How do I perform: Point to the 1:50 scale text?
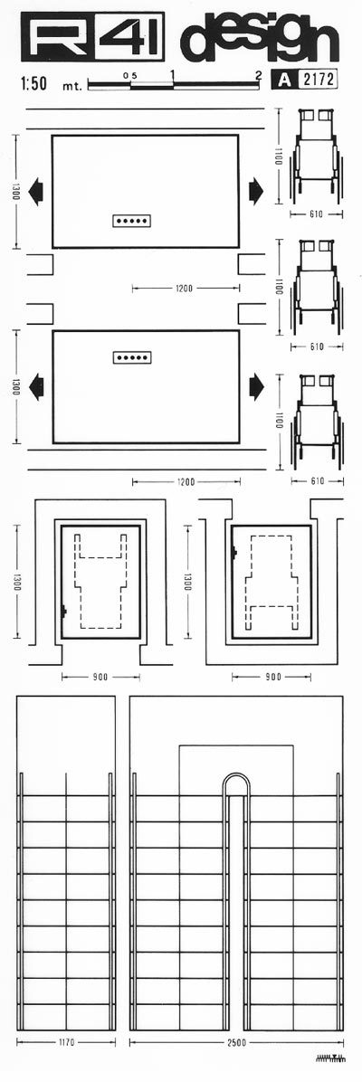[x=33, y=84]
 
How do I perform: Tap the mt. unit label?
[x=71, y=86]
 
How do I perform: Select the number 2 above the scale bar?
[x=259, y=74]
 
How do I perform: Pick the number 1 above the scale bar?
[x=172, y=74]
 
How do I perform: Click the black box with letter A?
[x=284, y=81]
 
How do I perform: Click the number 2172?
[x=318, y=81]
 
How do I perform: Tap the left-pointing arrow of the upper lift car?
[x=37, y=189]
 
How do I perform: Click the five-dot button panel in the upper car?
[x=132, y=220]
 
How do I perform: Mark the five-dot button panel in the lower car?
[x=132, y=357]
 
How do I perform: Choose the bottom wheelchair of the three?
[x=316, y=421]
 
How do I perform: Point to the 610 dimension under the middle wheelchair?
[x=317, y=346]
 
